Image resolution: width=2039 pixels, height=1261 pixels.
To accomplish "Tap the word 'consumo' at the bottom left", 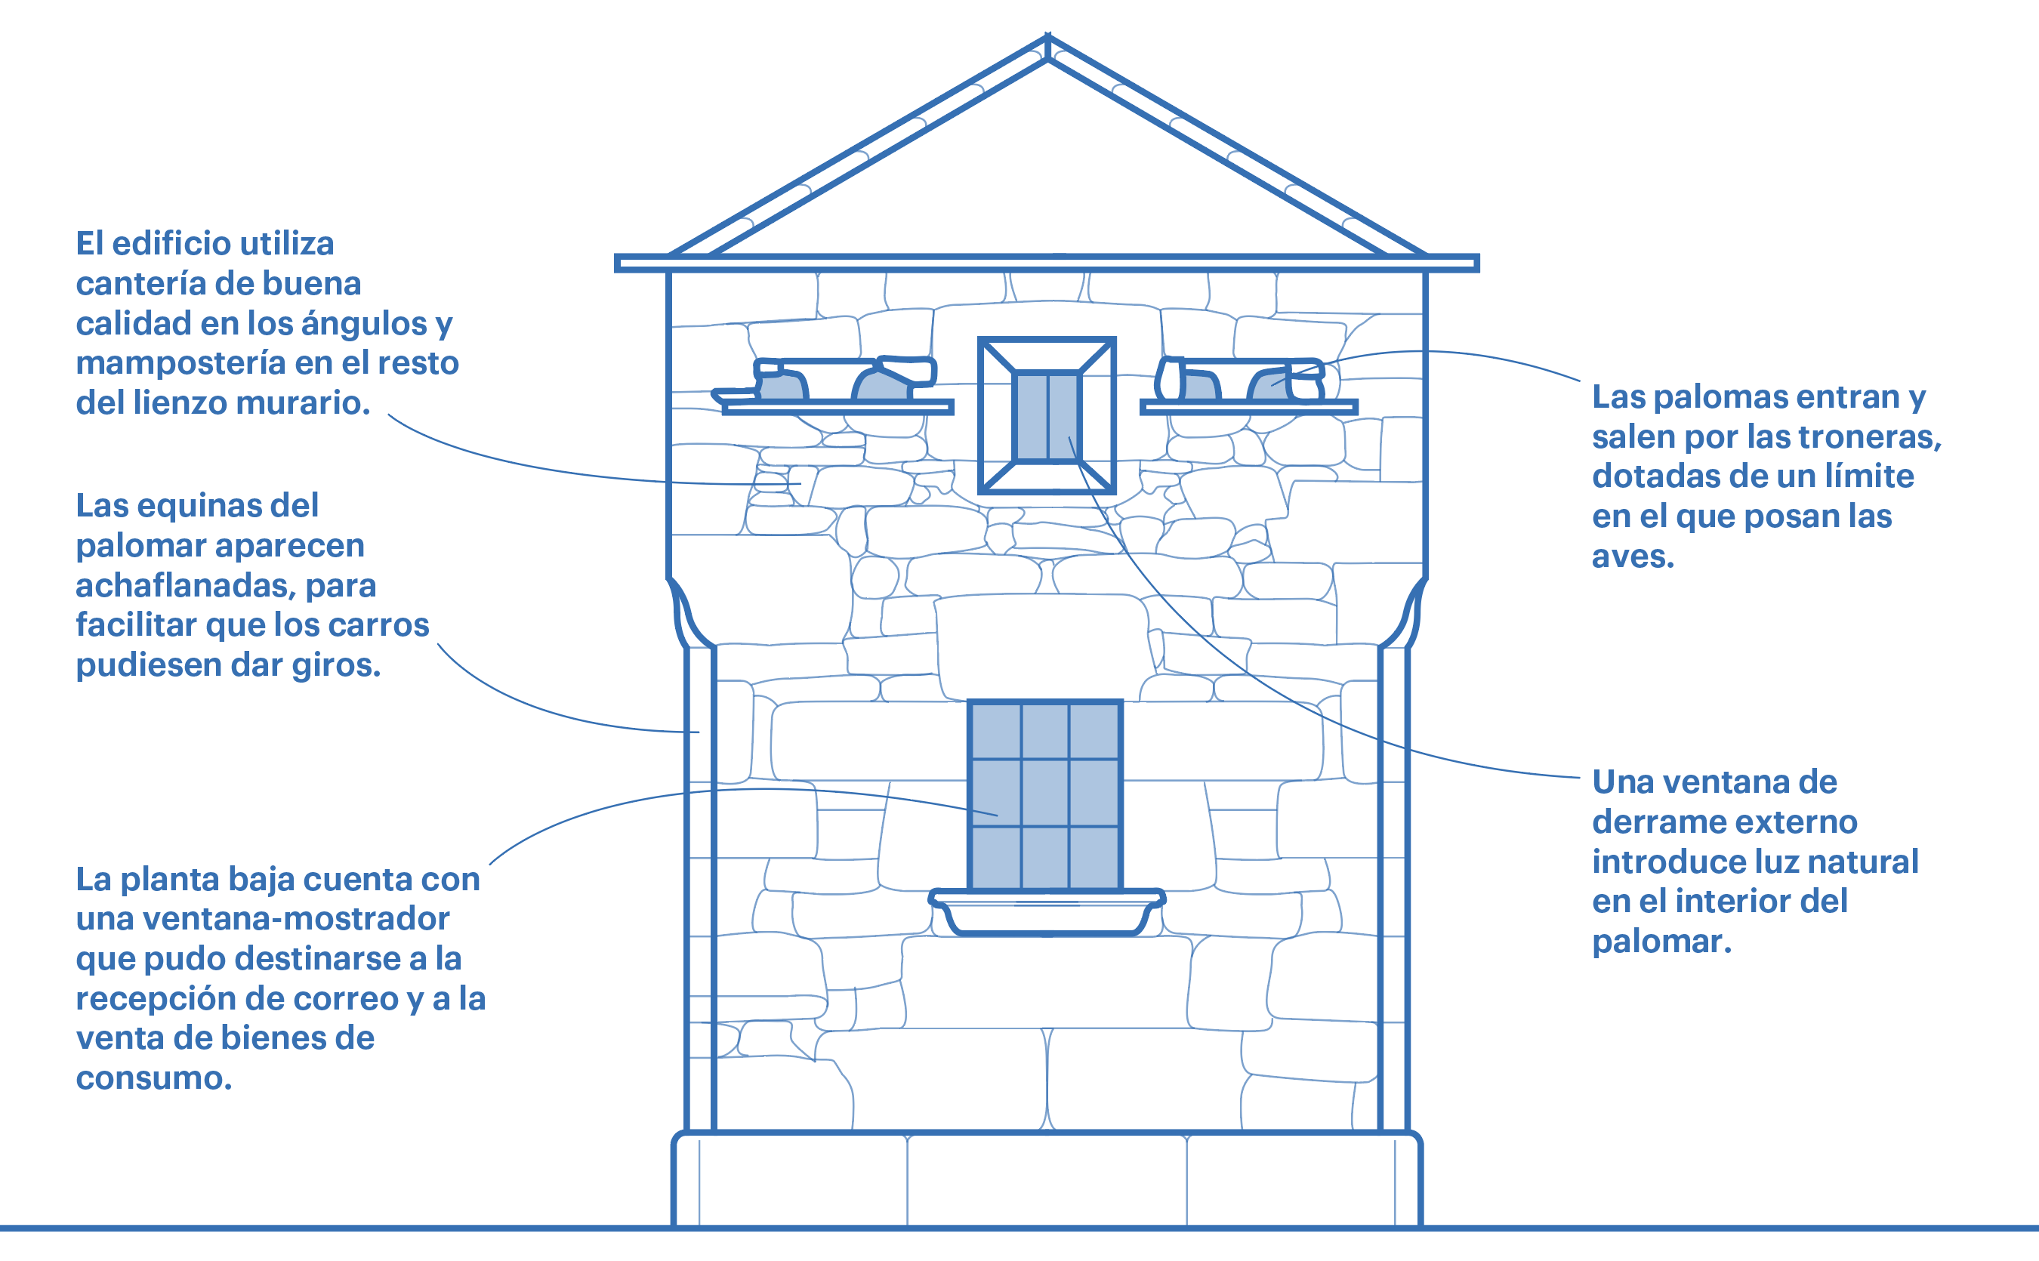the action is point(153,1078).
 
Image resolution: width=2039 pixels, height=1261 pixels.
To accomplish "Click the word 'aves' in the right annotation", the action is point(1632,557).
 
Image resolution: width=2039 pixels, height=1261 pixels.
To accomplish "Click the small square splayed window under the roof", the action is point(1047,415).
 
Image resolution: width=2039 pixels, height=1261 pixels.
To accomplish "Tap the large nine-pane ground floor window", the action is point(1045,796).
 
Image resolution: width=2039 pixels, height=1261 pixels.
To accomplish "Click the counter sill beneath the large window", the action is point(1047,912).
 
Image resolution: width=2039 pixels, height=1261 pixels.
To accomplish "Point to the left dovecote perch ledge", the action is point(838,407).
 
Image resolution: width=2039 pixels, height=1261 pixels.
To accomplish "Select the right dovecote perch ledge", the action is point(1248,407).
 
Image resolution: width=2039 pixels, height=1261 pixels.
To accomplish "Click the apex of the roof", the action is point(1047,35).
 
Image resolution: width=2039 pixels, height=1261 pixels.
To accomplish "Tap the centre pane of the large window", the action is point(1045,793).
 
